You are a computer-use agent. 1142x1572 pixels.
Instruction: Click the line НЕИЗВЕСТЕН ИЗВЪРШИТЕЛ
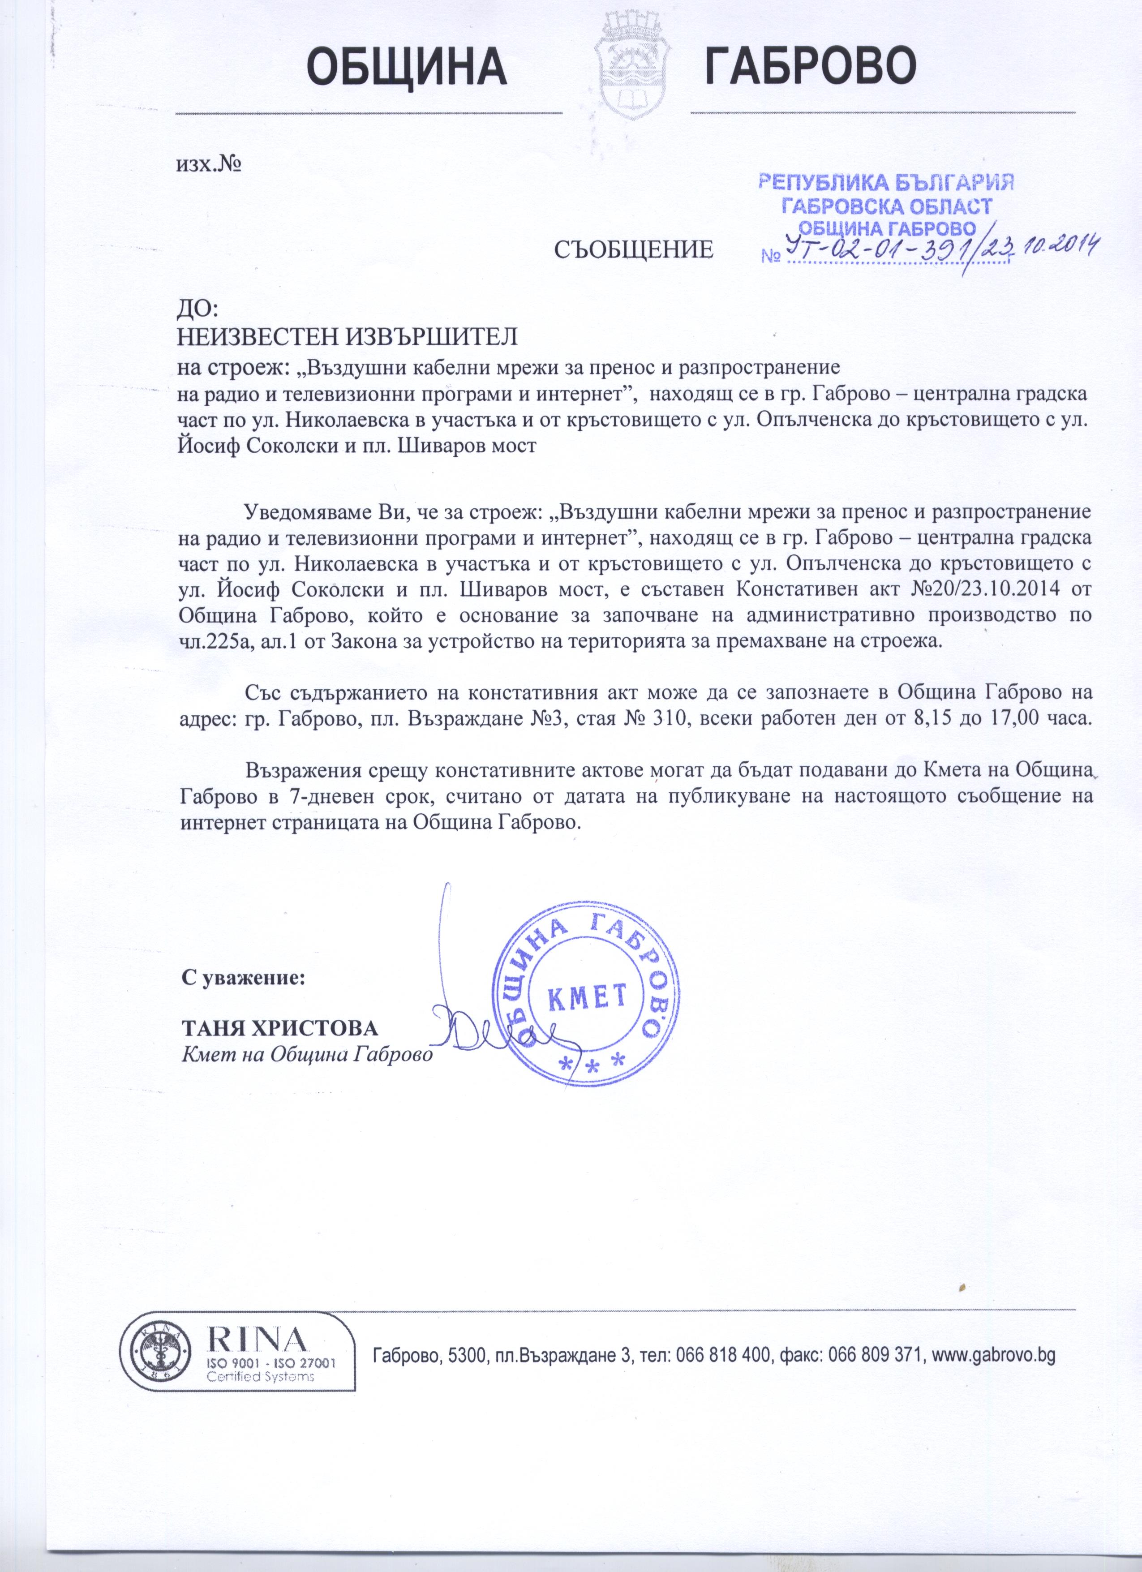348,338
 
